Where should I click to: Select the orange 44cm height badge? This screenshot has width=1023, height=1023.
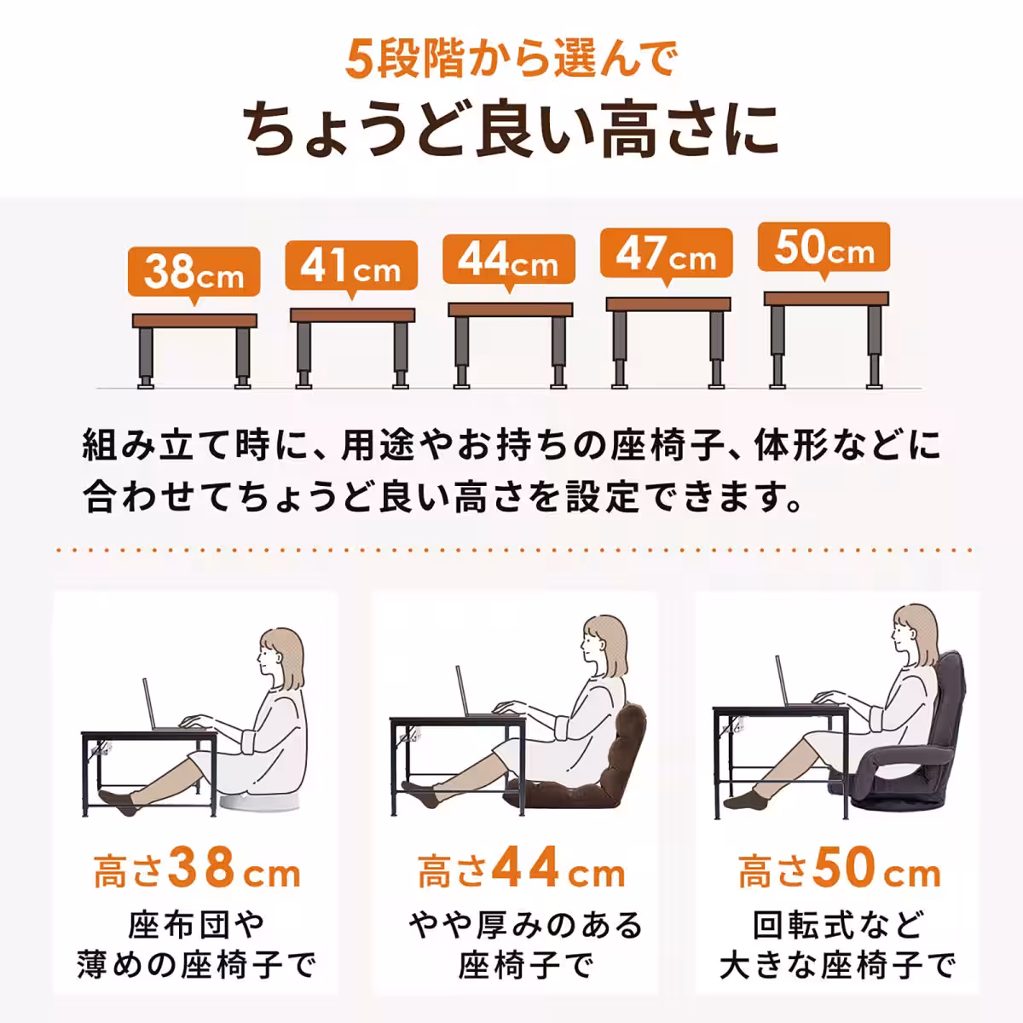tap(508, 259)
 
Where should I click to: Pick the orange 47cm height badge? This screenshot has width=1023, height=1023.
tap(666, 253)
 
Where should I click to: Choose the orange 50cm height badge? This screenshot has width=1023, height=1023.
tap(824, 247)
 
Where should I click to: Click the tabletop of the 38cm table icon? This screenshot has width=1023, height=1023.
tap(194, 321)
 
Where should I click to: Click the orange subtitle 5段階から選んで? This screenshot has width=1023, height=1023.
tap(510, 61)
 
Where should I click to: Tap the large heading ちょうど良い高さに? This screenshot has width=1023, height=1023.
tap(511, 130)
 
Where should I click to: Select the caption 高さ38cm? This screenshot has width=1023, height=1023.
tap(196, 872)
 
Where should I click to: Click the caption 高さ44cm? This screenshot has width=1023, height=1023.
tap(520, 872)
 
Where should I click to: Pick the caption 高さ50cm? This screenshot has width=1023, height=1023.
tap(839, 872)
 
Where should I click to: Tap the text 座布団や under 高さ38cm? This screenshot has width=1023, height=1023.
tap(196, 925)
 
